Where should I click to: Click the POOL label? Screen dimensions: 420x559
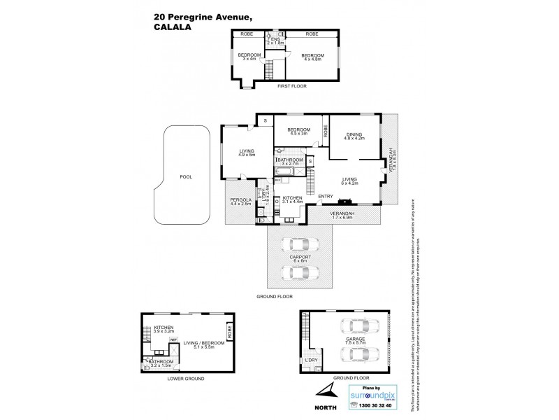pos(185,177)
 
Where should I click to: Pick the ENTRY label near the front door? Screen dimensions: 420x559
pos(326,196)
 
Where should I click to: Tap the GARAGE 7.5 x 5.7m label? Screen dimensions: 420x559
pos(356,342)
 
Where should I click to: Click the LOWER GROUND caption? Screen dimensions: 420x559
pos(186,378)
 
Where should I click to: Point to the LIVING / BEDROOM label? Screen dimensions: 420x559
pos(203,344)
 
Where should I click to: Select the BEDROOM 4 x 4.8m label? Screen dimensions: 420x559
pos(312,57)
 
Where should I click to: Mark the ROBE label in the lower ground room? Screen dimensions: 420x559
pos(228,328)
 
